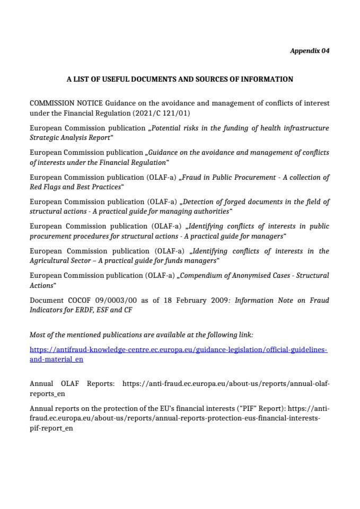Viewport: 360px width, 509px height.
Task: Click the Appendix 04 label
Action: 310,51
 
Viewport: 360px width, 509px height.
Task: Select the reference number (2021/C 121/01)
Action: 165,113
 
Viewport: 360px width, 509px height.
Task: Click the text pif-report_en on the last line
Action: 51,428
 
